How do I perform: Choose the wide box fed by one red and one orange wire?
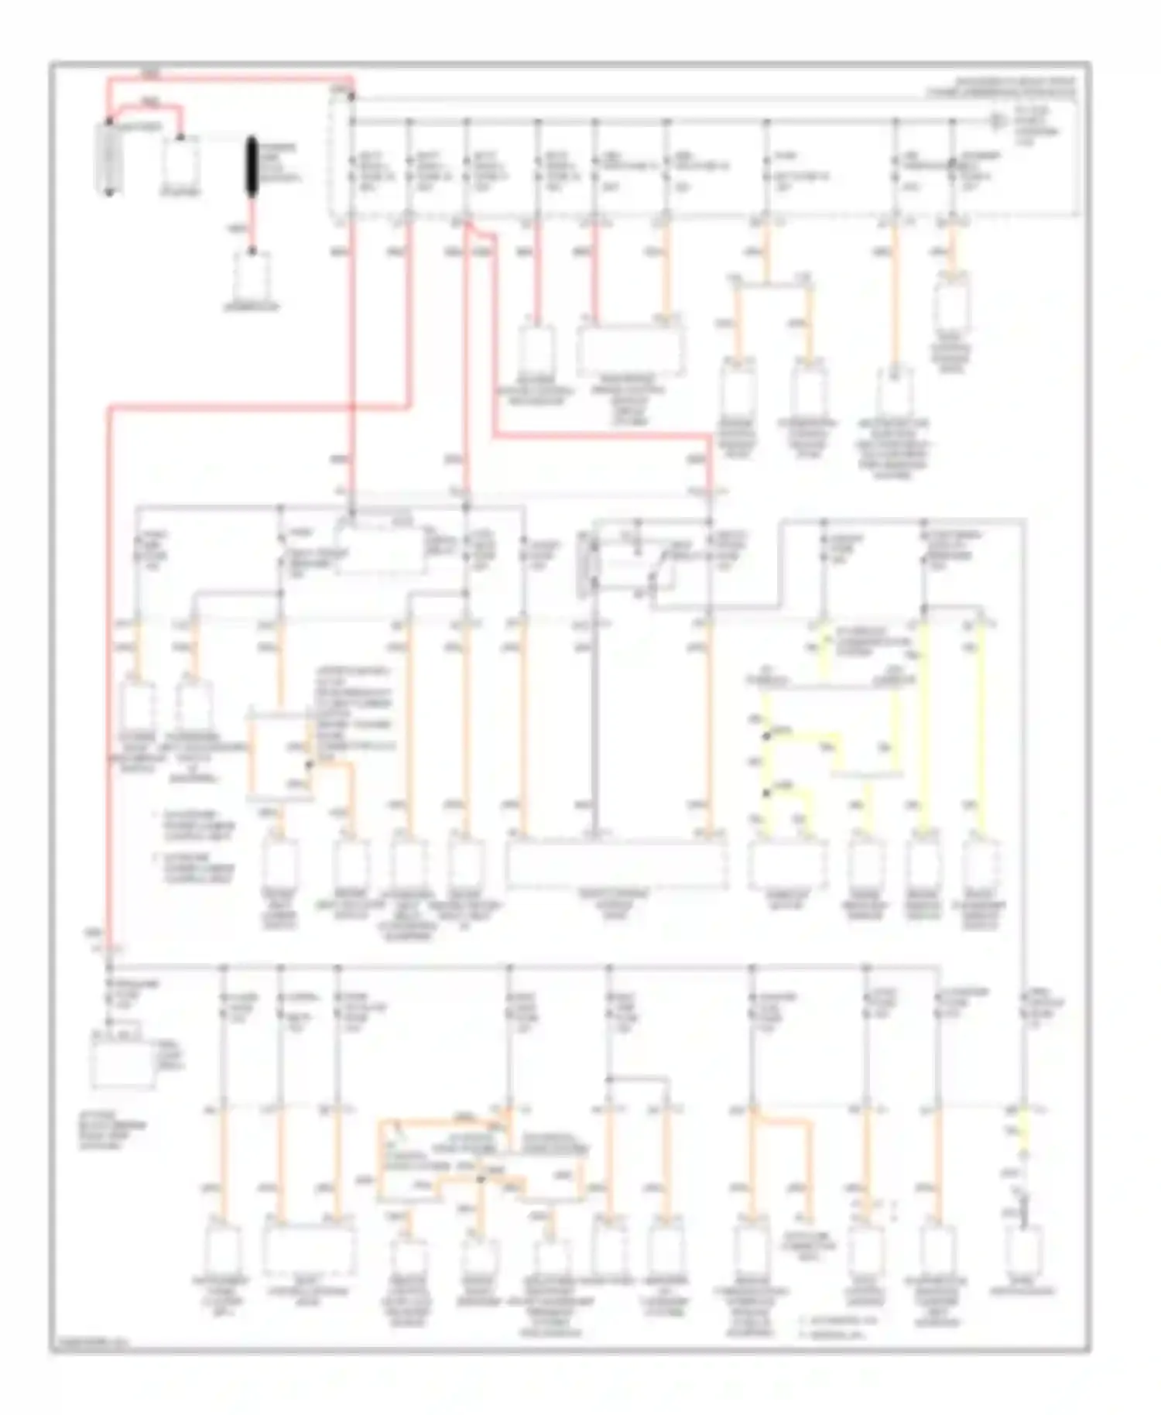pyautogui.click(x=631, y=349)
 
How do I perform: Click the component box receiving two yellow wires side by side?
pyautogui.click(x=786, y=863)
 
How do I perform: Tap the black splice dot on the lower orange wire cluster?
pyautogui.click(x=481, y=1178)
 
